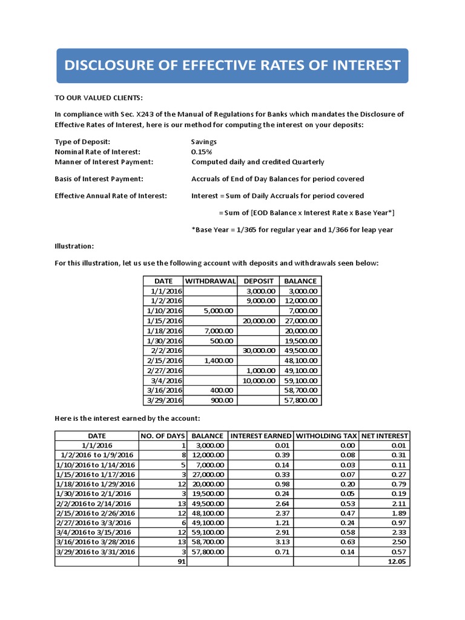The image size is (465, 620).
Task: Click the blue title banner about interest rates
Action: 232,65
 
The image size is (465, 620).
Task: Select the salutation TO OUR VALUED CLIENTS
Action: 99,98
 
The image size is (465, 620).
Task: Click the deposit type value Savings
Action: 204,142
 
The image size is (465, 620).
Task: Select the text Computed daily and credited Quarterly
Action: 257,162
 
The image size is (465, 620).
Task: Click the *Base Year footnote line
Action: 292,229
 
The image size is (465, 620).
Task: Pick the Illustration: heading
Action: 74,246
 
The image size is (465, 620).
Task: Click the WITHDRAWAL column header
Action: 210,281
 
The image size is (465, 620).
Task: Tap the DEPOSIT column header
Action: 259,281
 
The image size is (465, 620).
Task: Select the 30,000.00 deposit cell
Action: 259,350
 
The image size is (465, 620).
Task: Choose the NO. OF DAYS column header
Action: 162,435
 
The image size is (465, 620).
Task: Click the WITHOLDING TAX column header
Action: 326,435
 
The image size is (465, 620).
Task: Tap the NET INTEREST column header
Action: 384,435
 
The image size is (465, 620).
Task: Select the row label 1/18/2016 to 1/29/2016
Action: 96,484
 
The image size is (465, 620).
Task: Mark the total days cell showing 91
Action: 179,561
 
